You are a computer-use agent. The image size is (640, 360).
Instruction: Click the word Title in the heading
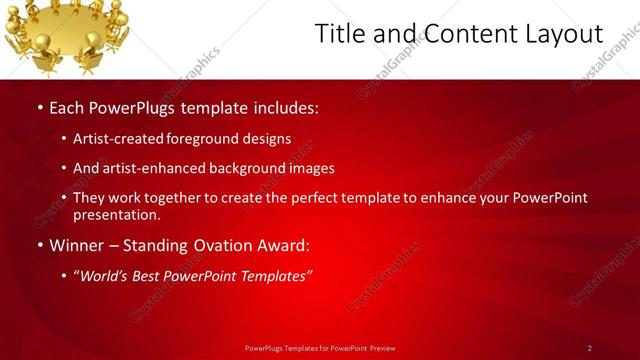(338, 34)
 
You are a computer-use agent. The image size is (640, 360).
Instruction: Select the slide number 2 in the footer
(589, 348)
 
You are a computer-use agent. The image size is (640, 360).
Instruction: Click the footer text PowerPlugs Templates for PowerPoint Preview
(320, 348)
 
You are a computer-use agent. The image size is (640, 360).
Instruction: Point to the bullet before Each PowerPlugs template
(39, 108)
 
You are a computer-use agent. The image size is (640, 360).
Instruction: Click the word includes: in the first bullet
(287, 108)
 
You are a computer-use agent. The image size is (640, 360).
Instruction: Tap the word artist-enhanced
(152, 169)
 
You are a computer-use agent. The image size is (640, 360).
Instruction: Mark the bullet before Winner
(39, 245)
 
